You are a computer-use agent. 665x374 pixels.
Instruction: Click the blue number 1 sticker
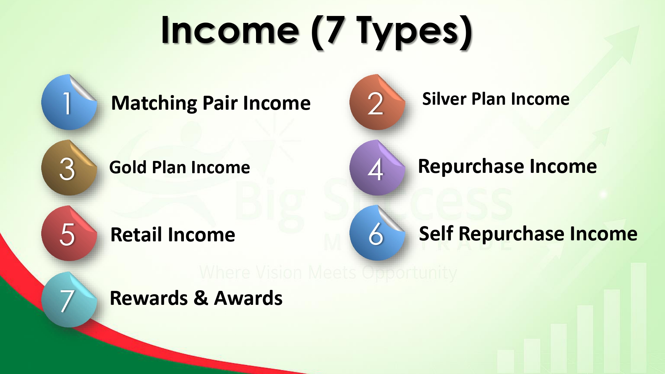point(69,102)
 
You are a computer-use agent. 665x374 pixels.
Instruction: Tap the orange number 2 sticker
point(377,102)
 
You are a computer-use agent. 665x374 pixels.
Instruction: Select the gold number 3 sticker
point(69,168)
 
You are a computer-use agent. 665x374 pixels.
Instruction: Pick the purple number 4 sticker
point(377,168)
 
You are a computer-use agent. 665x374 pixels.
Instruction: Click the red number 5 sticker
point(69,233)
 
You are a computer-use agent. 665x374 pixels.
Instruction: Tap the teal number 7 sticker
point(69,300)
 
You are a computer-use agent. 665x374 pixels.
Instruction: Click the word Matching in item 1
point(154,104)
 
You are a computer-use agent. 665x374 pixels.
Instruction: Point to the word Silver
point(444,99)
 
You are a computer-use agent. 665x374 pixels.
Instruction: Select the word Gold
point(128,167)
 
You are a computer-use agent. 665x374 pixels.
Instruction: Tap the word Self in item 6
point(436,233)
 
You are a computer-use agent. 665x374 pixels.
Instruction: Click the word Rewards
point(149,298)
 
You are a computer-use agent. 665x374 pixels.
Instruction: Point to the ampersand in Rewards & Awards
point(201,298)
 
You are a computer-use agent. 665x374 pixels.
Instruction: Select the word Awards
point(248,298)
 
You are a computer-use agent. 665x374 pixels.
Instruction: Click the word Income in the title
point(230,31)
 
